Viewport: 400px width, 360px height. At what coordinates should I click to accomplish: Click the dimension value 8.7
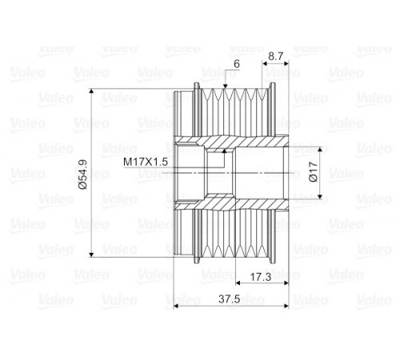[276, 57]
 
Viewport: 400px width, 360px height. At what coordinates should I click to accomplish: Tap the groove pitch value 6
[237, 64]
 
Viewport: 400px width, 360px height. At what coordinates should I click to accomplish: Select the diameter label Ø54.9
[83, 174]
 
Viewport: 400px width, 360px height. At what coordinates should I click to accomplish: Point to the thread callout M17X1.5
[146, 162]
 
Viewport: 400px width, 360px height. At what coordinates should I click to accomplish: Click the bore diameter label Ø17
[314, 172]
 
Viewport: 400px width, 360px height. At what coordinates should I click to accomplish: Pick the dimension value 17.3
[261, 277]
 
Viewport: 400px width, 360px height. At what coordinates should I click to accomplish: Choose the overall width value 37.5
[230, 299]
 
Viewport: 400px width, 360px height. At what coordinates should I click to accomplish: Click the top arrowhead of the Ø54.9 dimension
[91, 91]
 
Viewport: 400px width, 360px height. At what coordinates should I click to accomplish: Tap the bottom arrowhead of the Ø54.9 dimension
[91, 254]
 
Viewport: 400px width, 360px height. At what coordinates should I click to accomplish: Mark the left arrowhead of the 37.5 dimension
[176, 306]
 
